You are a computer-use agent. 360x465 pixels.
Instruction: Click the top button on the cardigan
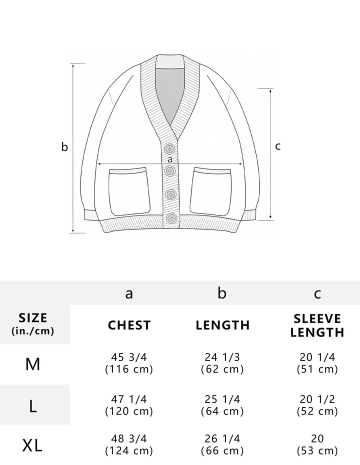click(169, 148)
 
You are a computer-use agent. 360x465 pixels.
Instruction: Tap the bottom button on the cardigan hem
click(171, 218)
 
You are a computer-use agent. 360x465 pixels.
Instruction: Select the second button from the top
click(169, 171)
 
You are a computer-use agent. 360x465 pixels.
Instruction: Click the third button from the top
click(171, 194)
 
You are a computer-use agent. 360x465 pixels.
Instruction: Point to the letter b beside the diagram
click(64, 146)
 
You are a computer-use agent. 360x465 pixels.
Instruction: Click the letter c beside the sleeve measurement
click(277, 146)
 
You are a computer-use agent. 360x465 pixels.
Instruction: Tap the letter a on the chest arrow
click(169, 159)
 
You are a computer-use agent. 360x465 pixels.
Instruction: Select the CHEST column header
click(129, 325)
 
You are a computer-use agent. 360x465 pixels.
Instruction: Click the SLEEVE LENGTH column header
click(317, 325)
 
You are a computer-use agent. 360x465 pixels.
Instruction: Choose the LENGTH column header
click(222, 325)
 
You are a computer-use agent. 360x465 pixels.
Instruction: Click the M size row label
click(32, 364)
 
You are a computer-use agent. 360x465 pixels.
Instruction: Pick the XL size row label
click(32, 445)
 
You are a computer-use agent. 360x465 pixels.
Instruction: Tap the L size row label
click(33, 406)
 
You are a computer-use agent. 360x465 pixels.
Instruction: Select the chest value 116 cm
click(129, 369)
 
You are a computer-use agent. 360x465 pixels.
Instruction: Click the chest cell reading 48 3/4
click(129, 438)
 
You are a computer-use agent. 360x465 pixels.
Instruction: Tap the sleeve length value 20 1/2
click(317, 399)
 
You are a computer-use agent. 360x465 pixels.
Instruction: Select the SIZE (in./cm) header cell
click(33, 324)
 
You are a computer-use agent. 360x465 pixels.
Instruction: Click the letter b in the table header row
click(222, 293)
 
